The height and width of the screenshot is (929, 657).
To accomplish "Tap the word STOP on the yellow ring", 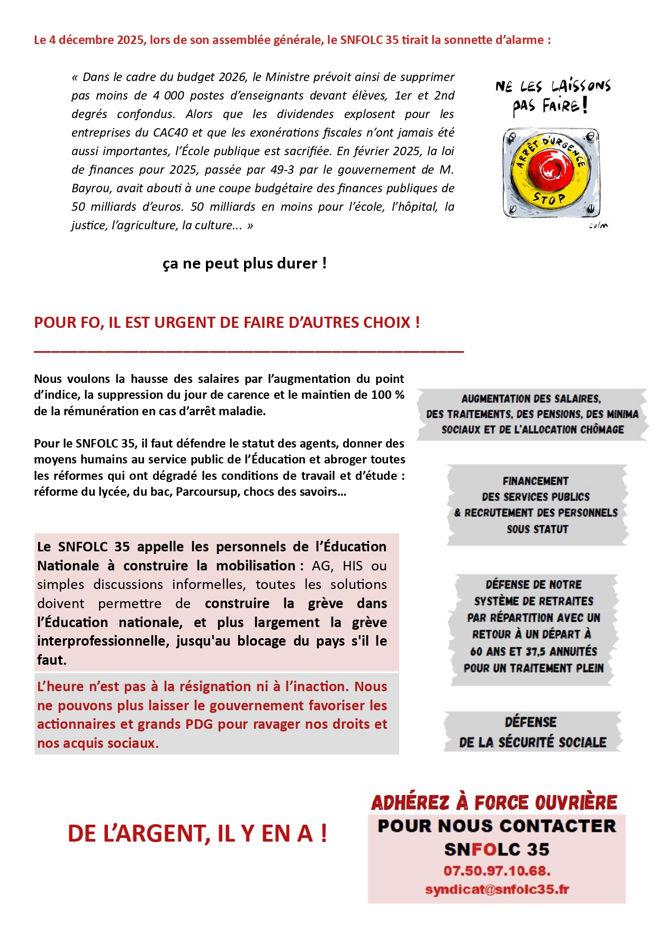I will [x=548, y=199].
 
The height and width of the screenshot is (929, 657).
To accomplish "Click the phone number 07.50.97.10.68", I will [x=497, y=871].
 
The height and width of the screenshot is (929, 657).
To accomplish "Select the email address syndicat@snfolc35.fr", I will [x=497, y=889].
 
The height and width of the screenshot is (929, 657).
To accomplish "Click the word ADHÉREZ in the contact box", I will [x=410, y=802].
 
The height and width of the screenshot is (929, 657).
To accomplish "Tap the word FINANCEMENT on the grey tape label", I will [x=535, y=481].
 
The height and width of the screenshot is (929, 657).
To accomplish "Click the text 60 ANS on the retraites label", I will [x=488, y=651].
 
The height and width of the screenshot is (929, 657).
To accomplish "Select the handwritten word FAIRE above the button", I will [x=560, y=106].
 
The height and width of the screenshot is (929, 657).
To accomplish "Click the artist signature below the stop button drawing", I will [x=598, y=226].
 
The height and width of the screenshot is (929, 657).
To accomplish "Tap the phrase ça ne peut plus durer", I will [x=244, y=263].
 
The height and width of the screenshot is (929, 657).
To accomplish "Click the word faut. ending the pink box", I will [x=52, y=660].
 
